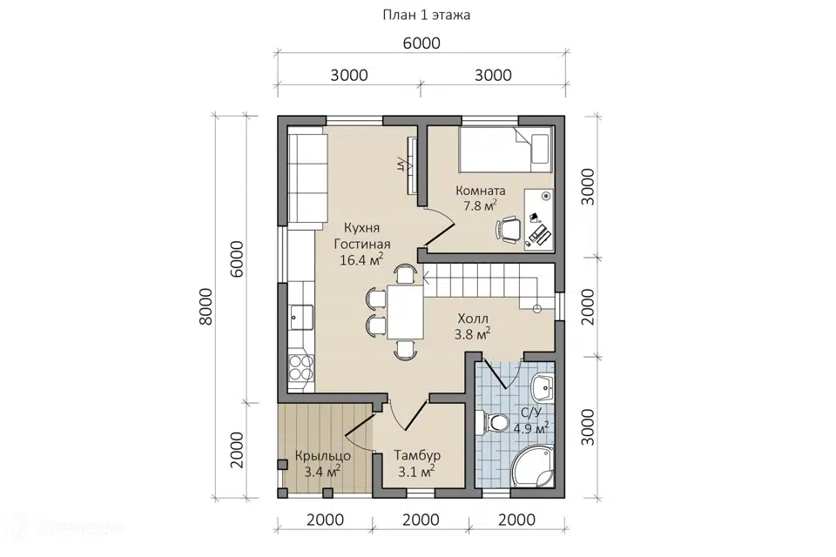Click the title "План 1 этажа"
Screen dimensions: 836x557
(x=427, y=15)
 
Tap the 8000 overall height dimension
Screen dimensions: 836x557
(x=206, y=306)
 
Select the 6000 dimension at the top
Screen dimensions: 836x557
(x=421, y=44)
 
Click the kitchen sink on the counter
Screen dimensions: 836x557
(x=301, y=319)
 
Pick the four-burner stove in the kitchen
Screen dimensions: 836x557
(x=301, y=367)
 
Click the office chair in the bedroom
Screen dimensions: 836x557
(x=509, y=229)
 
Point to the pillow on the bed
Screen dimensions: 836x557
(x=540, y=148)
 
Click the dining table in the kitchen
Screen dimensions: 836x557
(x=405, y=312)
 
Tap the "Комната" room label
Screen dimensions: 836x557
(x=481, y=191)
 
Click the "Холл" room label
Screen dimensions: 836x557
(x=472, y=319)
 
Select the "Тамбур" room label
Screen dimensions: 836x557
(x=417, y=455)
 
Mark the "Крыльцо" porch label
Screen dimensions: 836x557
(x=322, y=456)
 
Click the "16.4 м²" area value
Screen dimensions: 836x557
(x=362, y=259)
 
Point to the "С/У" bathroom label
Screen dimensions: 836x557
(x=530, y=412)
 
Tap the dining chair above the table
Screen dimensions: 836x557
(x=405, y=274)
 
